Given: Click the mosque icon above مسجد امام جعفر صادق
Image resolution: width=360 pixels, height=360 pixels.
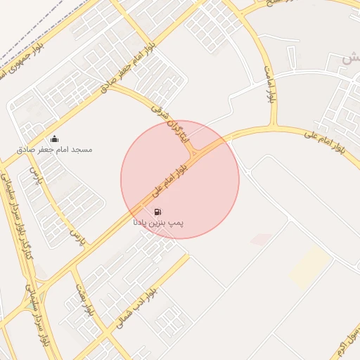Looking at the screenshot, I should (55, 138).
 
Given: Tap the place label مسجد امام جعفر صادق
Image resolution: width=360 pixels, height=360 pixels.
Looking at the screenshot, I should (56, 149).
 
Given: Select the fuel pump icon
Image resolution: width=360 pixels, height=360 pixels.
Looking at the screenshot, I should (157, 212).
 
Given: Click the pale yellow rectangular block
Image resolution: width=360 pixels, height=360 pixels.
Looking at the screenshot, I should (309, 268).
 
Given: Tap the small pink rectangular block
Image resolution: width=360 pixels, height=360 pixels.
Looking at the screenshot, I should (261, 240).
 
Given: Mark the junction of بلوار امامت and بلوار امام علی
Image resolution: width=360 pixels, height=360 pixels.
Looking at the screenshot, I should (269, 127).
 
